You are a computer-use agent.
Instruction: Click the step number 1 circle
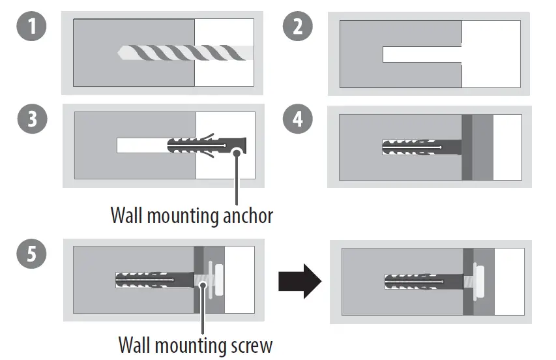click(x=29, y=28)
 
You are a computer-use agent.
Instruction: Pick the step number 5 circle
click(x=30, y=253)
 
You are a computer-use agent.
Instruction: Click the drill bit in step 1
click(x=183, y=53)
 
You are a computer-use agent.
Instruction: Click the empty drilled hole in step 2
click(x=420, y=55)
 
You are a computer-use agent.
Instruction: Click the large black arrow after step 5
click(x=300, y=282)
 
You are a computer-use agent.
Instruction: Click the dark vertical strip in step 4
click(x=467, y=147)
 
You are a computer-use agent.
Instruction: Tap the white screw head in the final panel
click(x=480, y=282)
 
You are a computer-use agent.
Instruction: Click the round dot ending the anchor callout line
click(x=237, y=152)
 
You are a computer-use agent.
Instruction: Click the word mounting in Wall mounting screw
click(x=182, y=344)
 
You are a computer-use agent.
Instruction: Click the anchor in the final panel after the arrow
click(x=424, y=282)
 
